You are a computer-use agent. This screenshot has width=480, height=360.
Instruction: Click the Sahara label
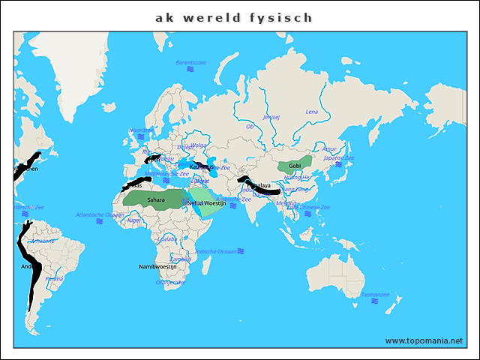tap(155, 200)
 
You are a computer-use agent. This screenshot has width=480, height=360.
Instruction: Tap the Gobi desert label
tap(295, 166)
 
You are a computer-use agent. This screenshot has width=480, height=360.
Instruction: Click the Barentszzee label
tap(190, 62)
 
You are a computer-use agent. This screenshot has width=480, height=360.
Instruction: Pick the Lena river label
tap(312, 111)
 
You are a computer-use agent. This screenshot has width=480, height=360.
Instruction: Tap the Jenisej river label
tap(271, 117)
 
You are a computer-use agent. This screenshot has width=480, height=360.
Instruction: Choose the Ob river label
tap(250, 126)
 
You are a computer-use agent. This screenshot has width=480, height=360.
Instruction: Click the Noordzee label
tap(140, 130)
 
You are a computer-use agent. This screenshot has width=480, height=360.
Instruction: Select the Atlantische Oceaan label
tap(100, 214)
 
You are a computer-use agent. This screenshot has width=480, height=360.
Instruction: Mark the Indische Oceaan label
tap(216, 250)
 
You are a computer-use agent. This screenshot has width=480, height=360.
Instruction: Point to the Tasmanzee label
tap(374, 295)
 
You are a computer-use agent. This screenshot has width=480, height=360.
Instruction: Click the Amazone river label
tap(42, 241)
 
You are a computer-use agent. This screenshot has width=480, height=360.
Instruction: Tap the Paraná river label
tap(54, 278)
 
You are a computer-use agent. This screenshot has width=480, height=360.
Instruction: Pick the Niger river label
tap(134, 220)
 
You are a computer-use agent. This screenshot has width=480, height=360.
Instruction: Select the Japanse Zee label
tap(338, 158)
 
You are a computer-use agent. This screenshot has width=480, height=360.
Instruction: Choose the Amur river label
tap(329, 148)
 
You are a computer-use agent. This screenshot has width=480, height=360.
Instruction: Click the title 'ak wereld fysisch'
tap(234, 17)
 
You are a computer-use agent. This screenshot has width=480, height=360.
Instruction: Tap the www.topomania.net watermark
tap(424, 340)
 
